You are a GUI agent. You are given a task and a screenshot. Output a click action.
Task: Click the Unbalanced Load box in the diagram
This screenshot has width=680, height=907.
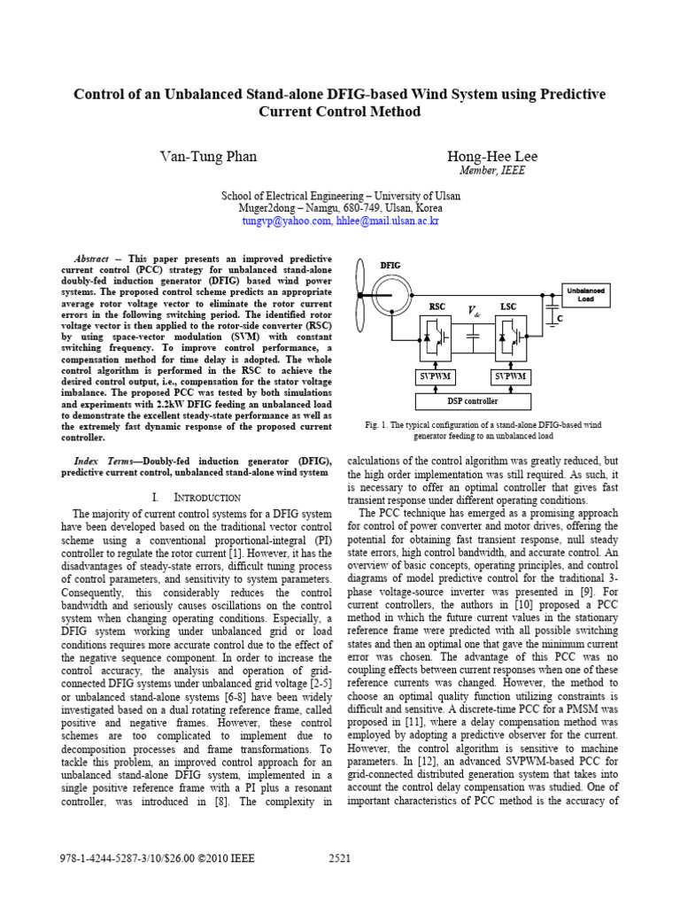(x=585, y=295)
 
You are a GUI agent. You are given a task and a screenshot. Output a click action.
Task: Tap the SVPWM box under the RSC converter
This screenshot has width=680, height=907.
(x=437, y=376)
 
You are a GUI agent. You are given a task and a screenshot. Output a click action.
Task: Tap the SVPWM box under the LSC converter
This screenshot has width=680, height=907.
(x=511, y=376)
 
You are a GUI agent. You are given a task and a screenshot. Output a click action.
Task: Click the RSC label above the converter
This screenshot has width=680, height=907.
(x=437, y=307)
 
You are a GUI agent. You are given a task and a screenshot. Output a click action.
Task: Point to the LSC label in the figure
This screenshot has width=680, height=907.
(x=508, y=307)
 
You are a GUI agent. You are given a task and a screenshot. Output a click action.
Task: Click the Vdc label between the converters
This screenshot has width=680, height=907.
(x=475, y=311)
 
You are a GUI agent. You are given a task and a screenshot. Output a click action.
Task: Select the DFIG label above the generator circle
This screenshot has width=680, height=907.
(x=390, y=265)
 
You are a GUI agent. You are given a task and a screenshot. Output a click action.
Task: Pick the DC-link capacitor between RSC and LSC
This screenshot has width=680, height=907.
(x=475, y=337)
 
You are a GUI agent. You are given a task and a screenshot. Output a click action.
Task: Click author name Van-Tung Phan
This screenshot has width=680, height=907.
(x=208, y=157)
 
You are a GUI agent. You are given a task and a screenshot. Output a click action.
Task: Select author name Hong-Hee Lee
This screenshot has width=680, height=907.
(x=493, y=157)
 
